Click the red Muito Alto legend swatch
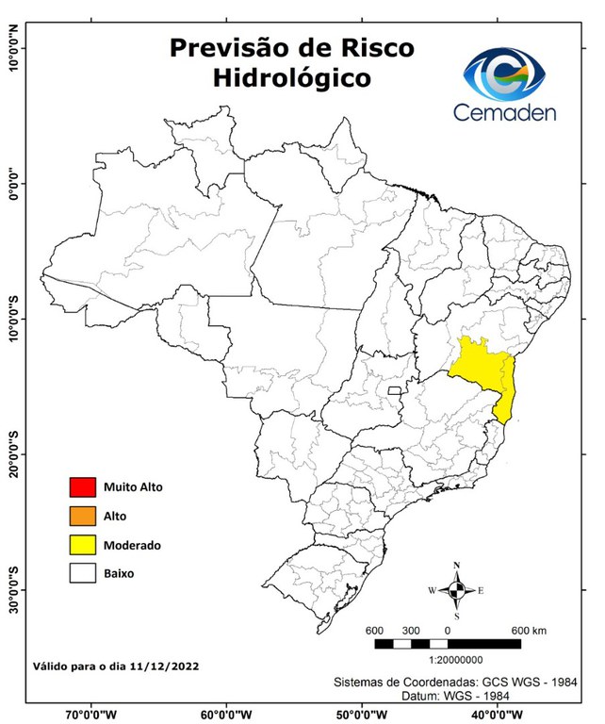point(83,487)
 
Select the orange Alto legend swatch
point(83,516)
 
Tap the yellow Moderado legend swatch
point(83,545)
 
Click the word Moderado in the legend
point(132,545)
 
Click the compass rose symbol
point(456,590)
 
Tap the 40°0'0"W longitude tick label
point(497,714)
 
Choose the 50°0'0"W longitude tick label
point(362,714)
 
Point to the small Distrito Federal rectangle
point(394,389)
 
